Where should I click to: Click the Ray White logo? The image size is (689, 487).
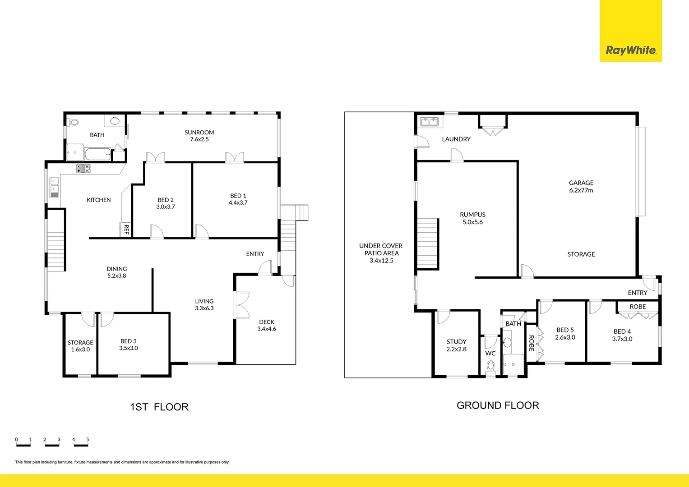point(630,50)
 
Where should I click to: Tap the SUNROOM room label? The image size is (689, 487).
point(199,133)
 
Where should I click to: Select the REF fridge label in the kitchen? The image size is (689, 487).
point(126,230)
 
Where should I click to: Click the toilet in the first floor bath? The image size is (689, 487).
point(73,122)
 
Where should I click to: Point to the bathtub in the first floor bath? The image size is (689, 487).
point(97,155)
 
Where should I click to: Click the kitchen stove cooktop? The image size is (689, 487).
point(83,169)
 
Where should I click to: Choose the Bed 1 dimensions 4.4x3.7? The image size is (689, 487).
point(238,203)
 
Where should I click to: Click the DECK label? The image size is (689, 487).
point(267,322)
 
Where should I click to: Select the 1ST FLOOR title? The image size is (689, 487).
point(159,407)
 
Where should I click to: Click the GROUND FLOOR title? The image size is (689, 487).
point(498,405)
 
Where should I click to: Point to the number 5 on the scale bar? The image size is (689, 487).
point(88,440)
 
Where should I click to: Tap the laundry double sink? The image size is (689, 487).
point(429,121)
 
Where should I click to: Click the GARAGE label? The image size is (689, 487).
point(581,183)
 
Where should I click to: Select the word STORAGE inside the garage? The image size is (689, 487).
point(581,254)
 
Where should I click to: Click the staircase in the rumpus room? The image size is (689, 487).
point(427,243)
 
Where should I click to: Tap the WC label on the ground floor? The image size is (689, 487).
point(490,353)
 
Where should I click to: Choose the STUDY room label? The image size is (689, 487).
point(456,342)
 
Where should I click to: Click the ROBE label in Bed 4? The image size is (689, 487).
point(638,307)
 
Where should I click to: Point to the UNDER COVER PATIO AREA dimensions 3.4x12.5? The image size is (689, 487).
point(381,261)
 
